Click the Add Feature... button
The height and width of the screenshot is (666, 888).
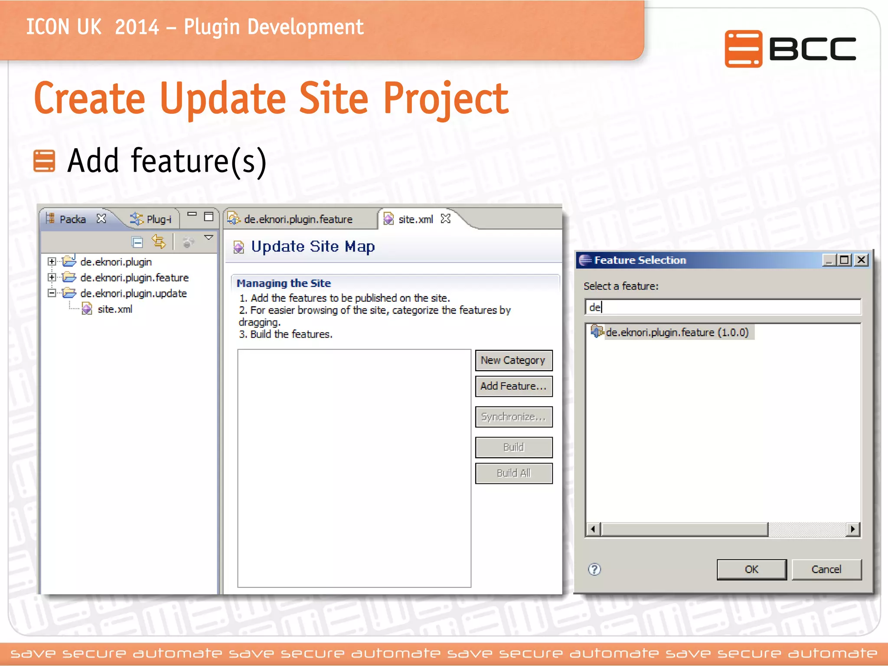click(x=513, y=386)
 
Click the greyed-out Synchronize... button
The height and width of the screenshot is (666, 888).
click(x=513, y=417)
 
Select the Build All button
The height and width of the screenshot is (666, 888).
click(x=513, y=473)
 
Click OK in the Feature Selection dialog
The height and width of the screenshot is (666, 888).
click(x=751, y=569)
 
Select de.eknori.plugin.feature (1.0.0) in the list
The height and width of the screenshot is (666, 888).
click(x=676, y=333)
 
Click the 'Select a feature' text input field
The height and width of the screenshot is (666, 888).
click(x=722, y=307)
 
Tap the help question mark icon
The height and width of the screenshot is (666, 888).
click(x=594, y=569)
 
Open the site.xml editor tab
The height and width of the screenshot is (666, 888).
click(x=415, y=219)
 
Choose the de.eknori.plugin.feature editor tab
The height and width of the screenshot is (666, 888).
click(x=298, y=219)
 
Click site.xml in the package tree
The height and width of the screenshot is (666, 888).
click(x=114, y=309)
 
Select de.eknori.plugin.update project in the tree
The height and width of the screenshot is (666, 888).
click(x=133, y=294)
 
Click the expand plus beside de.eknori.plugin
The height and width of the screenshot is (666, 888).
click(x=52, y=261)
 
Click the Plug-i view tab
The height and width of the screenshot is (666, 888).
click(x=158, y=219)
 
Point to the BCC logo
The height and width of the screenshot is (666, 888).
click(x=790, y=49)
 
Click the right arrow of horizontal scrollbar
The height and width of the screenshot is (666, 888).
click(x=853, y=529)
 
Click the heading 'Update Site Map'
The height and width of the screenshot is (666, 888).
click(x=313, y=247)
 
